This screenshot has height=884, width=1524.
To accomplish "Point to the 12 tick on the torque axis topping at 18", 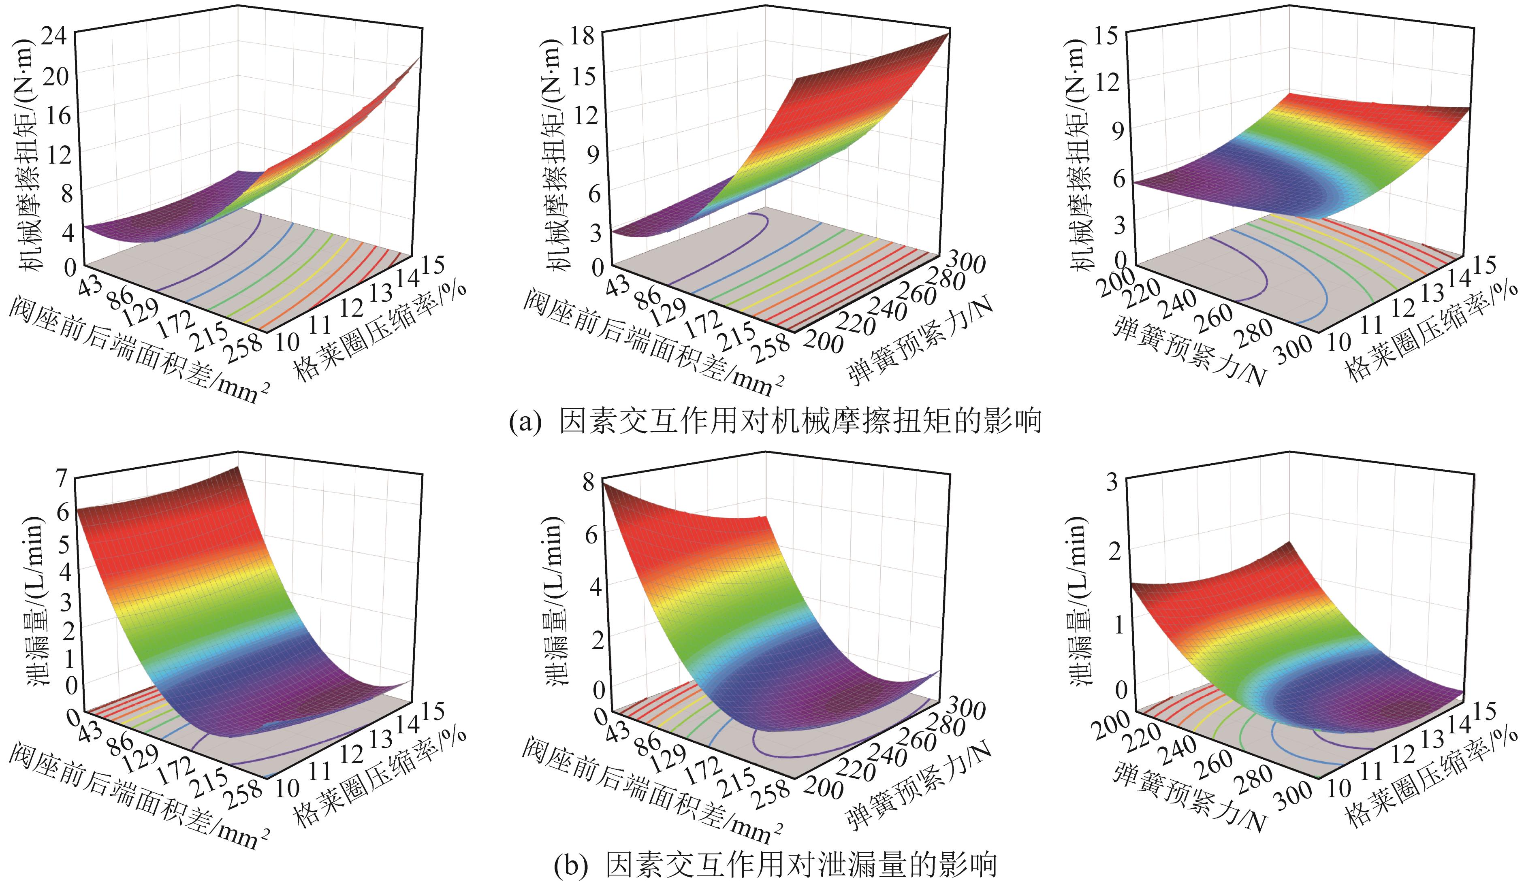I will pyautogui.click(x=584, y=115).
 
